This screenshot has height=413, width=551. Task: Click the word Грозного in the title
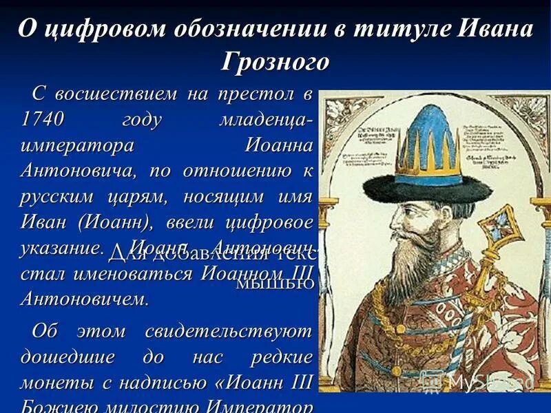[275, 62]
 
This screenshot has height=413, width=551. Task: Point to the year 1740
[42, 119]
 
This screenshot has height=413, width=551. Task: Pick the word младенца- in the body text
[265, 119]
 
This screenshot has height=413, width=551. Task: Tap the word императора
[76, 145]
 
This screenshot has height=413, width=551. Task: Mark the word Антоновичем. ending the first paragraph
[84, 299]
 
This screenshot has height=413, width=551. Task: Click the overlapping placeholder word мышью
[275, 282]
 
